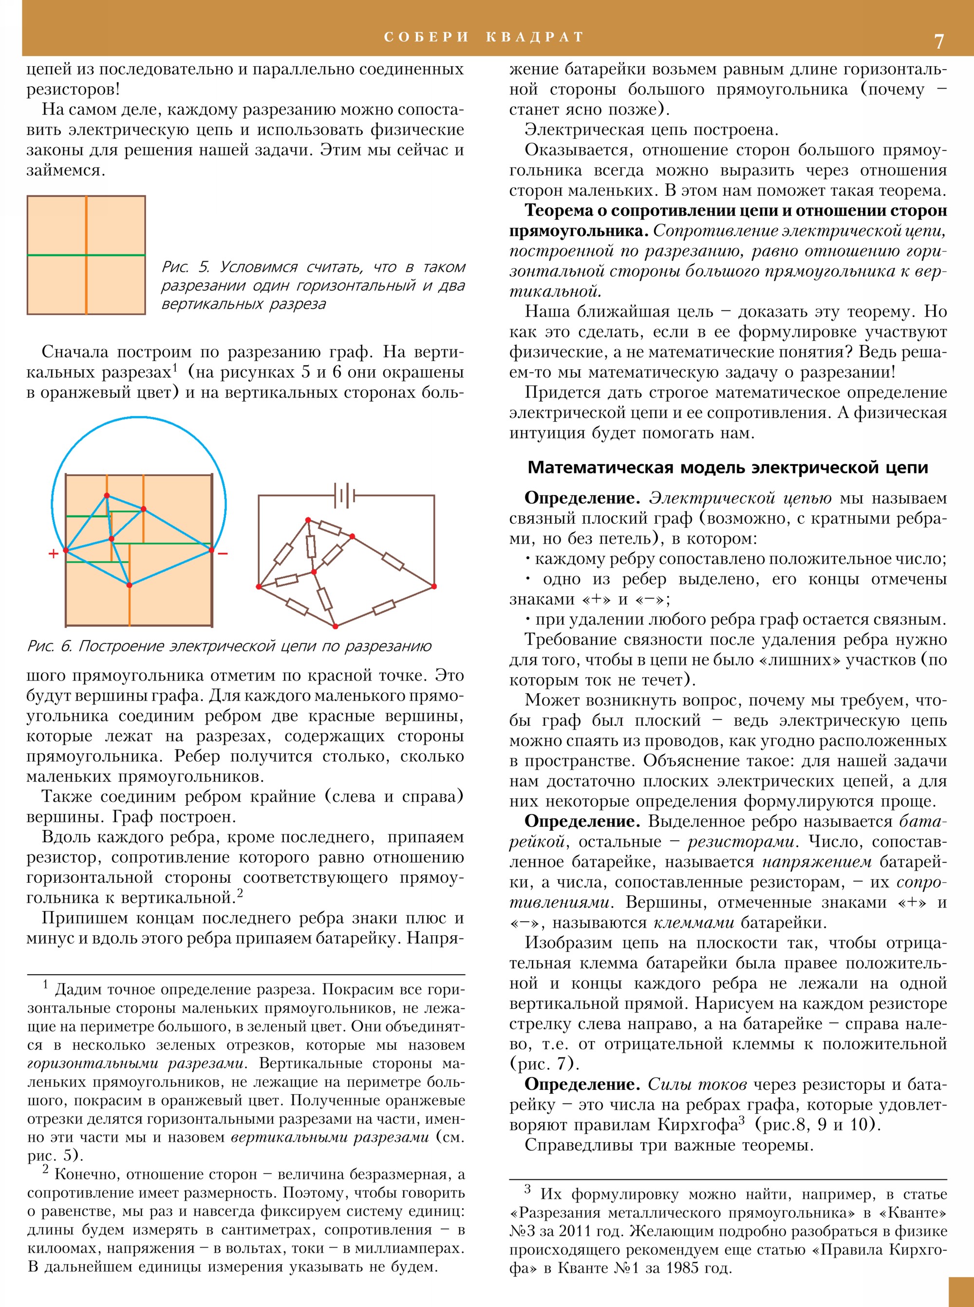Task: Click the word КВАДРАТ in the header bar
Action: (535, 37)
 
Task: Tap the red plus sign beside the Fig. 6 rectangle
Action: (54, 553)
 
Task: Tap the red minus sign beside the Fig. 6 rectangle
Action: (223, 553)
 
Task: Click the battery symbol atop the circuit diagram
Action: (345, 495)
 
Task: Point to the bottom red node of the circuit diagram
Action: (335, 626)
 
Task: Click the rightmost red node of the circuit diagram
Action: (434, 586)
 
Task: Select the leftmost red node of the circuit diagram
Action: (259, 586)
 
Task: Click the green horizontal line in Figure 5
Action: (59, 255)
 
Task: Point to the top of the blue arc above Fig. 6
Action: (139, 417)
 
